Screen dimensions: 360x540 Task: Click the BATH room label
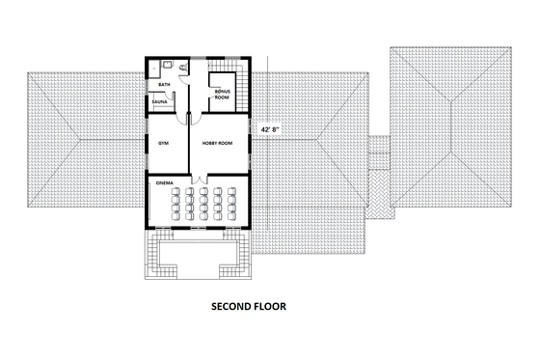click(153, 85)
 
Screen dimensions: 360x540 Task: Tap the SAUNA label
click(156, 100)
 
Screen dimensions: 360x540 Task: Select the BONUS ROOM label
click(222, 94)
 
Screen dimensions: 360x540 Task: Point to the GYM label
click(163, 143)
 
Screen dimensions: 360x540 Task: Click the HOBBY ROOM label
click(218, 143)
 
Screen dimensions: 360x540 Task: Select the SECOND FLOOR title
click(249, 307)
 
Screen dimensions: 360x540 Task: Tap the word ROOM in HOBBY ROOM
click(227, 143)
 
